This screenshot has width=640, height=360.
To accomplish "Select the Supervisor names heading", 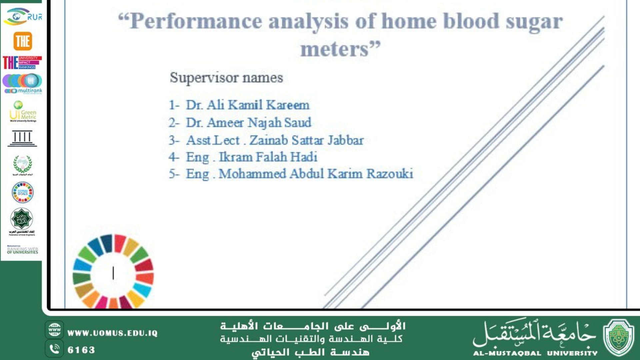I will (x=226, y=78).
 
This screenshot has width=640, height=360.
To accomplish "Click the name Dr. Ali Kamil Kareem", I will (x=247, y=105).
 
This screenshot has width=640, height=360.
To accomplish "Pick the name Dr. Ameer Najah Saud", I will (x=248, y=123).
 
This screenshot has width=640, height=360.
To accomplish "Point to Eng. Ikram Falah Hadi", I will (x=251, y=157).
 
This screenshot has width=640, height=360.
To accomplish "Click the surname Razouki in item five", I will (x=390, y=174).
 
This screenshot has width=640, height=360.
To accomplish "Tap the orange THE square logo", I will (x=23, y=41).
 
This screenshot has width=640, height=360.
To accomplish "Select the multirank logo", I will (x=23, y=84).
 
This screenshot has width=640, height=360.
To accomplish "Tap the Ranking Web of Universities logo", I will (x=22, y=250).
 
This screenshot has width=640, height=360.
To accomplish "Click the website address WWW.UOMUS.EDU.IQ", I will (x=112, y=333).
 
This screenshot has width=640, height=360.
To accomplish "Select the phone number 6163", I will (x=81, y=350).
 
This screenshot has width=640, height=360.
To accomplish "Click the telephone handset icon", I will (x=54, y=349).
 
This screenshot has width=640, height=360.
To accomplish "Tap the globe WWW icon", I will (x=54, y=330).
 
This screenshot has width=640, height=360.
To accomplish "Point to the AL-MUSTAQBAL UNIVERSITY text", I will (x=535, y=353).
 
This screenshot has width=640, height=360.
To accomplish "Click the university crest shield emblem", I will (x=619, y=337).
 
